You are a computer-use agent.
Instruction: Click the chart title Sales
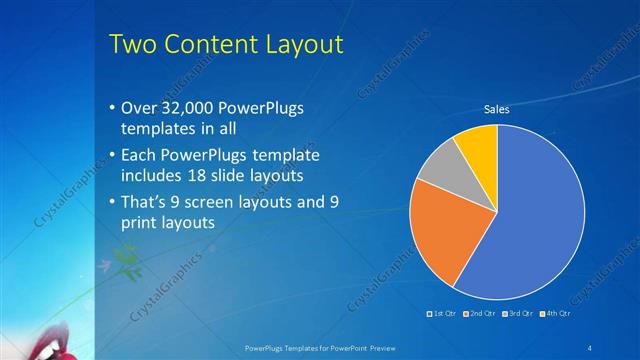(x=497, y=109)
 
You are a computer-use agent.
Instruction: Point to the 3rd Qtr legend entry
(x=518, y=314)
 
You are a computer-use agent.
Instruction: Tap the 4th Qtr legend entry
(x=556, y=314)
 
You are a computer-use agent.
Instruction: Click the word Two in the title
(x=130, y=44)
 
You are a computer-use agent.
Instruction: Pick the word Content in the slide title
(x=206, y=44)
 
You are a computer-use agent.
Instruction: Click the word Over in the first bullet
(x=136, y=109)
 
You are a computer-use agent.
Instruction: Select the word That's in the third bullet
(x=145, y=203)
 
